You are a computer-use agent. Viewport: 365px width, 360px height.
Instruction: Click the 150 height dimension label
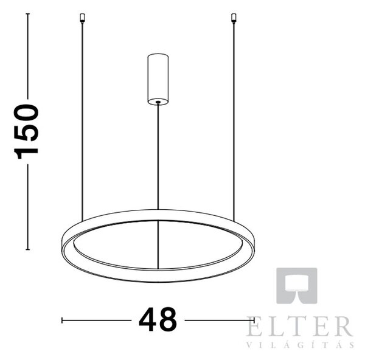[x=26, y=132]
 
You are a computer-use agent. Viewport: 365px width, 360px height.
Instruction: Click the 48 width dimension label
[x=158, y=319]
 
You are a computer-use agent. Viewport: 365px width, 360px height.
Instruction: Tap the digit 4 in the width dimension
[x=147, y=319]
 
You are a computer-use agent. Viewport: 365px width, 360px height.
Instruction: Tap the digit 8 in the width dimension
[x=168, y=319]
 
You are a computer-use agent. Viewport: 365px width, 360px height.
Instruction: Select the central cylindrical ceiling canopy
[x=158, y=79]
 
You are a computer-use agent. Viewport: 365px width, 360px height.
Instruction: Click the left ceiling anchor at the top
[x=82, y=18]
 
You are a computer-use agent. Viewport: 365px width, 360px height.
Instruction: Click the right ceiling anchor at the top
[x=234, y=18]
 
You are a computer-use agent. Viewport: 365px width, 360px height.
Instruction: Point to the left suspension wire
[x=82, y=122]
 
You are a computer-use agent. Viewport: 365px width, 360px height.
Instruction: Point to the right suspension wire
[x=234, y=122]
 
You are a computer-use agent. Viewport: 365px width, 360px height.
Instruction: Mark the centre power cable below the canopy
[x=158, y=156]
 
